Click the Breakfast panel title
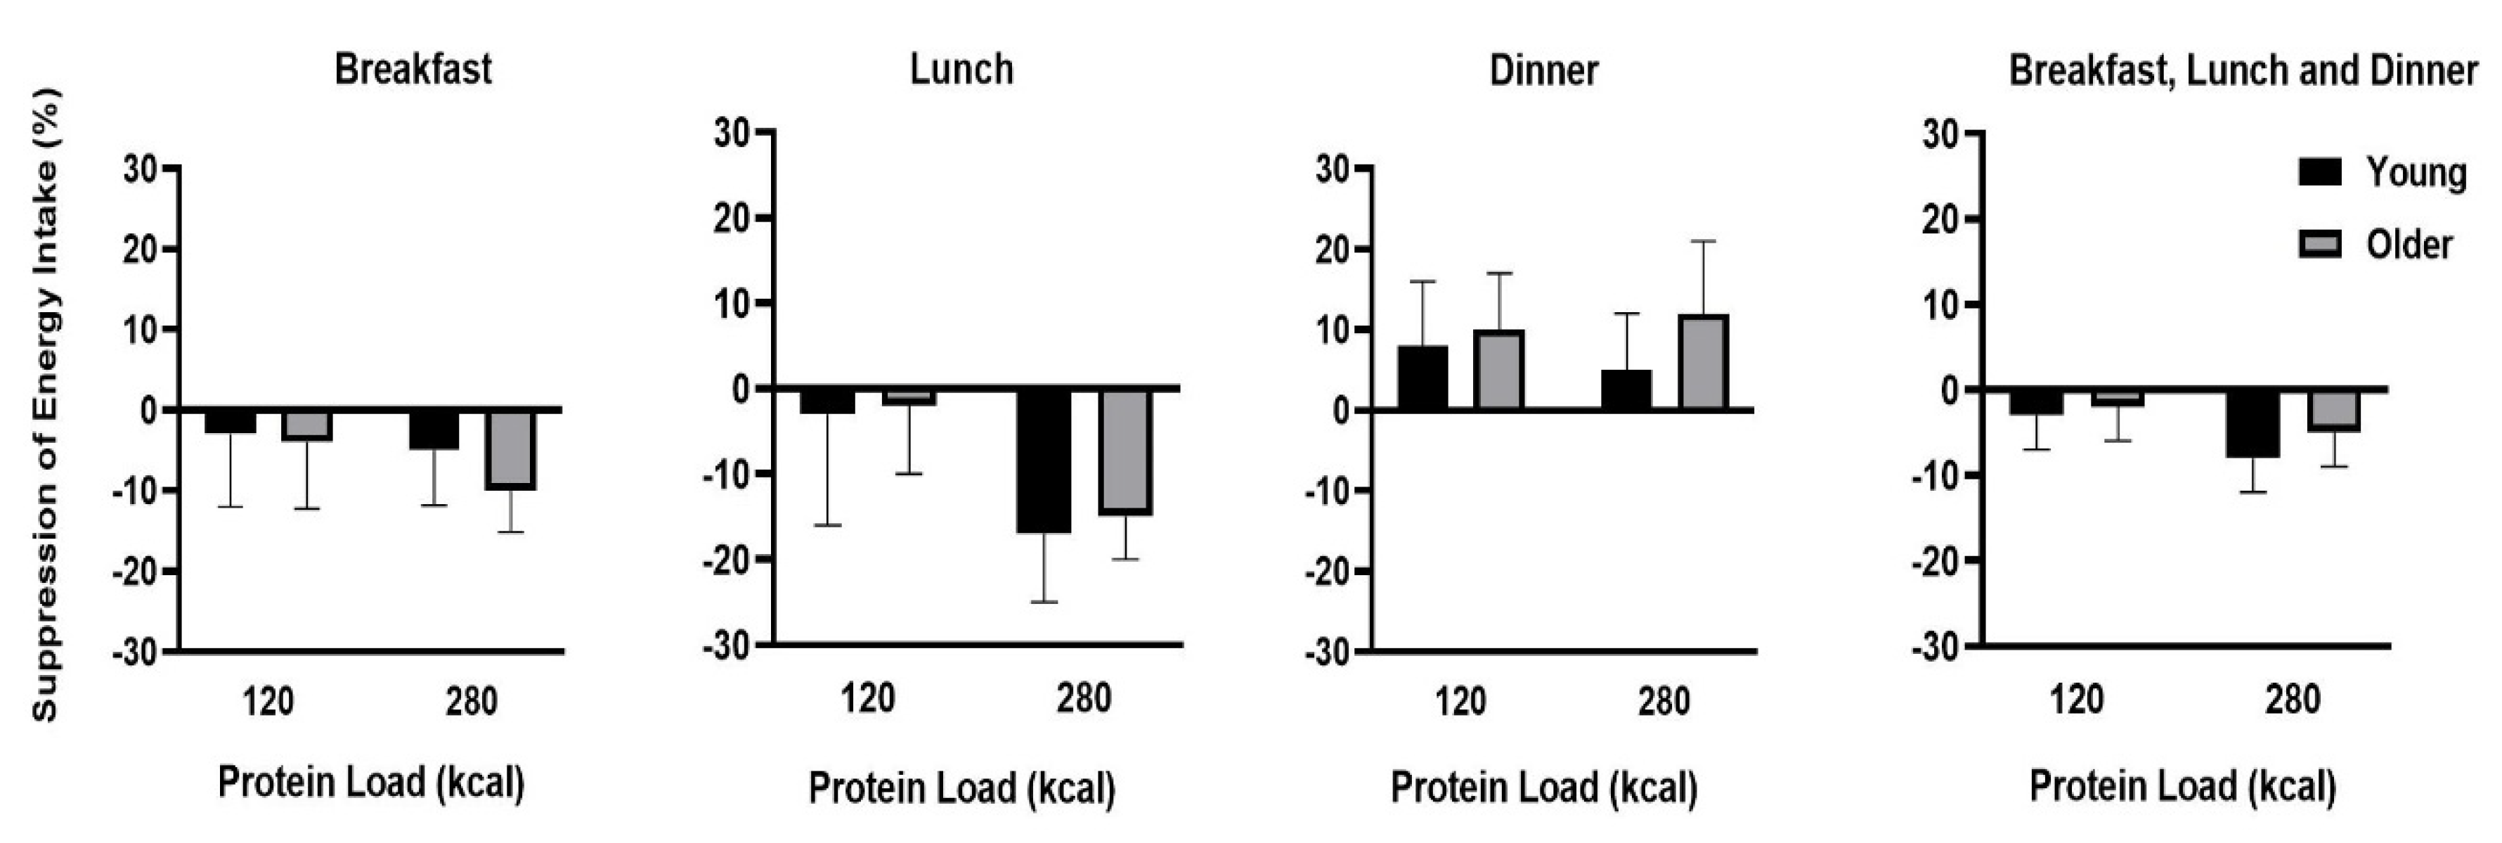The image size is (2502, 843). pyautogui.click(x=413, y=70)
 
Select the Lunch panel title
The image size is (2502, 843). pyautogui.click(x=961, y=70)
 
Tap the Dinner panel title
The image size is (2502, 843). pyautogui.click(x=1543, y=70)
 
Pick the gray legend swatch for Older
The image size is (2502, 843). pyautogui.click(x=2321, y=245)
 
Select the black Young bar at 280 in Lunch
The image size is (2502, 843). pyautogui.click(x=1044, y=461)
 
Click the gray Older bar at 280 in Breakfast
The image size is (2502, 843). pyautogui.click(x=511, y=450)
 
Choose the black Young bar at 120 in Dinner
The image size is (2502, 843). pyautogui.click(x=1423, y=378)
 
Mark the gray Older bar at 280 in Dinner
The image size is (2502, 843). pyautogui.click(x=1704, y=361)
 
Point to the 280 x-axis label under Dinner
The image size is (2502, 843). pyautogui.click(x=1664, y=701)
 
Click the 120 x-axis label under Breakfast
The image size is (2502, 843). pyautogui.click(x=268, y=701)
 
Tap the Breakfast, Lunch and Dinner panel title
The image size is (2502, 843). pyautogui.click(x=2243, y=70)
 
